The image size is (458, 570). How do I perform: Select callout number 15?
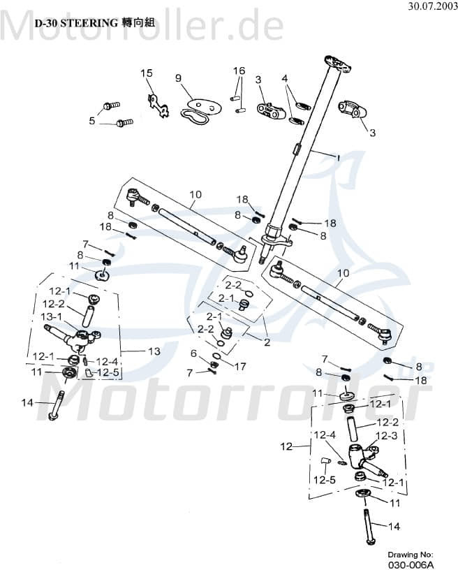click(x=146, y=73)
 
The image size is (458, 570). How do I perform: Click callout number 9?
click(x=177, y=78)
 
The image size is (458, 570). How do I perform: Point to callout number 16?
click(x=239, y=71)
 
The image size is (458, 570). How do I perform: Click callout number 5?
click(x=91, y=121)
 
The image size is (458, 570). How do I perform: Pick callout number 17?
click(x=240, y=366)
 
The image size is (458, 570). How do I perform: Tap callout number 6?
click(x=194, y=353)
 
